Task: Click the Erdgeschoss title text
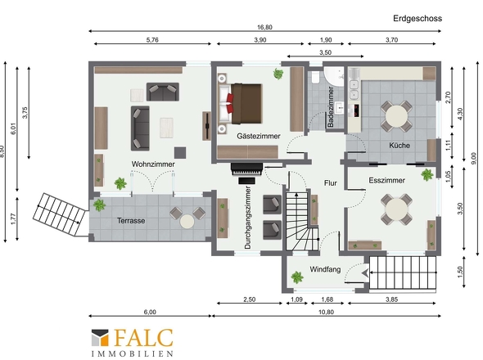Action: coord(418,19)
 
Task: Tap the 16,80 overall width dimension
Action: coord(264,27)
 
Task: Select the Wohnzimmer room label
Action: coord(153,164)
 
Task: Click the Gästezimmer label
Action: coord(259,136)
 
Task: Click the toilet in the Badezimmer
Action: coord(315,78)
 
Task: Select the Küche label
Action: coord(399,145)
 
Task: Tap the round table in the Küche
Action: coord(396,116)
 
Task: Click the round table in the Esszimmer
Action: coord(396,209)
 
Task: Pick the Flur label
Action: coord(331,183)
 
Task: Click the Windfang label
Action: coord(325,269)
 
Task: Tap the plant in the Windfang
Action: coord(297,277)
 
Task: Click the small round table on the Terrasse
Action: coord(187,221)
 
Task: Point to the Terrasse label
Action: coord(131,220)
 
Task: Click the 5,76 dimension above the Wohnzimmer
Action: coord(152,40)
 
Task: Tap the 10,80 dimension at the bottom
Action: coord(326,312)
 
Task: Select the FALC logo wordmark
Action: coord(143,338)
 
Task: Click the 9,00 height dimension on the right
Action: coord(475,159)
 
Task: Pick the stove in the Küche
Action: coord(356,110)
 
